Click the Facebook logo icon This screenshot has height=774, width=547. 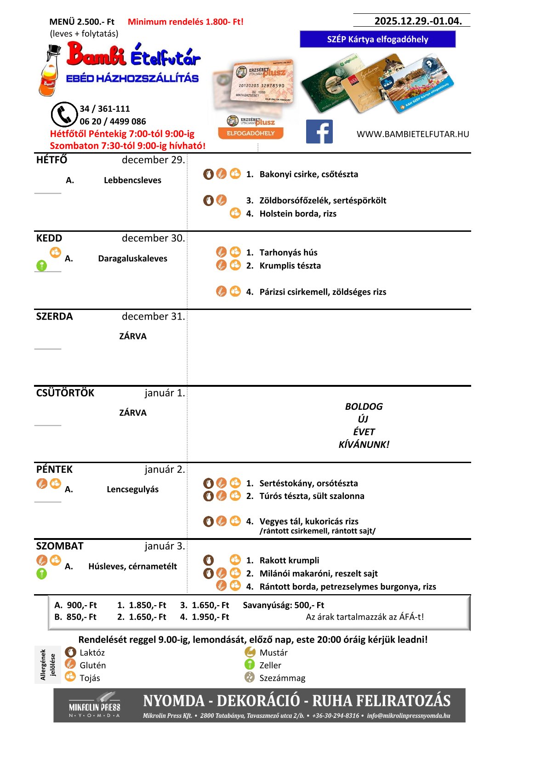click(319, 132)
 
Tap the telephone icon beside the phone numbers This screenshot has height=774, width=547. click(64, 115)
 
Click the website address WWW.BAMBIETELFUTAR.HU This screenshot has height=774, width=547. click(413, 134)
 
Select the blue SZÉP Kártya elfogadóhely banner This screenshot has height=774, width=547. click(377, 40)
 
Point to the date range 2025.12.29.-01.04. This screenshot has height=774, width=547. click(418, 21)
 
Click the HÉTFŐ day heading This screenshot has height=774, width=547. click(51, 160)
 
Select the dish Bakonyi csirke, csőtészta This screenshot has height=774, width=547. click(308, 174)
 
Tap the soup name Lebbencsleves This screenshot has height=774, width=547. click(132, 180)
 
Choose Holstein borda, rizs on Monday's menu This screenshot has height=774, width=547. click(297, 214)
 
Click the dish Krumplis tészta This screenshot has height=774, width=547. click(290, 266)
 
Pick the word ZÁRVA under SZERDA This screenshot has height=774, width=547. click(133, 336)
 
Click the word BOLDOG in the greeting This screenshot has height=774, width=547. click(364, 407)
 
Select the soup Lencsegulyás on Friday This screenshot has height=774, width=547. click(132, 489)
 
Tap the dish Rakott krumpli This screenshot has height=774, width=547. click(289, 561)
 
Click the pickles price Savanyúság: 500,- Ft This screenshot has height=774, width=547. click(283, 605)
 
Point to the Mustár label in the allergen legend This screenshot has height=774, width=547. click(273, 653)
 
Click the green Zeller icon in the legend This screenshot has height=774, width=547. click(250, 665)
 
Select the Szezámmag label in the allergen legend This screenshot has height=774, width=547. click(282, 678)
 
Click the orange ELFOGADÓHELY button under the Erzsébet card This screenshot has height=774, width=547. click(251, 133)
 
